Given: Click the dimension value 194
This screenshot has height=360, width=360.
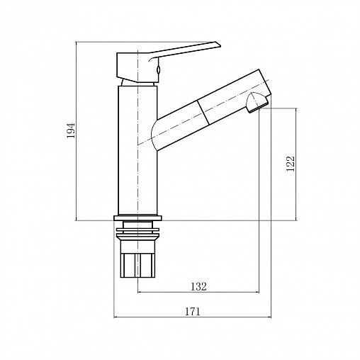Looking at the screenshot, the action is (x=71, y=130).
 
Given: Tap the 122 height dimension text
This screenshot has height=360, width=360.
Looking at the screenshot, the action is (x=291, y=164).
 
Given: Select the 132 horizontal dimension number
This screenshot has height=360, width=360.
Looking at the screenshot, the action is (x=198, y=286).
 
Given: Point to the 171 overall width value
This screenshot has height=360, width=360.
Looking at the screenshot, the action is (x=192, y=312).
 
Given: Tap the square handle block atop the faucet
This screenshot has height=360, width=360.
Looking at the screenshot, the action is (x=137, y=67).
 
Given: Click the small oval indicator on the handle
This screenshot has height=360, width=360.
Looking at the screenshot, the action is (x=159, y=69).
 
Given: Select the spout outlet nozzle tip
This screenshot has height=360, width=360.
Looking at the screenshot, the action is (x=257, y=103).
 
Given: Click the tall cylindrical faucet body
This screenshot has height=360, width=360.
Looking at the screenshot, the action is (x=137, y=151).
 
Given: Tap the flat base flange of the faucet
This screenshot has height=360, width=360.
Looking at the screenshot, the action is (x=137, y=218).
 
